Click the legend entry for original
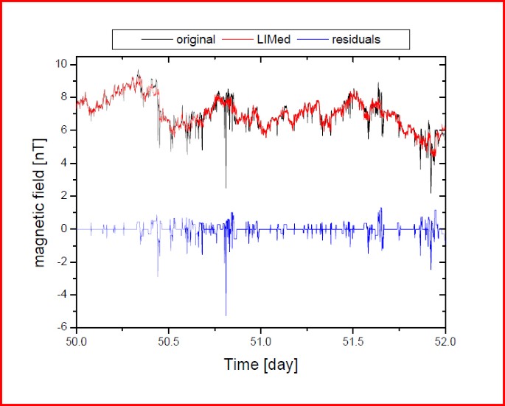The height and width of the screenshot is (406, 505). point(195,39)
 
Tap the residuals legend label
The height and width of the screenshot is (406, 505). point(356,39)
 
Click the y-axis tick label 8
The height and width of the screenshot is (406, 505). point(65,97)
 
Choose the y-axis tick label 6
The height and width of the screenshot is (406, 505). point(65,130)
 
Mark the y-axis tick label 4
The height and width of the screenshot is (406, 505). point(65,163)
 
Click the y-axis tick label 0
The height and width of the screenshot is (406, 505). point(65,228)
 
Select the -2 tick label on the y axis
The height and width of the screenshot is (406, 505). point(63,262)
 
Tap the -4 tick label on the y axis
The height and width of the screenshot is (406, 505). point(63,294)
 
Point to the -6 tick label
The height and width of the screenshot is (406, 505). point(63,327)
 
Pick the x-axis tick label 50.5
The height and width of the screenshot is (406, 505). point(169,342)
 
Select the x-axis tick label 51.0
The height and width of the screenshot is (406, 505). point(261,342)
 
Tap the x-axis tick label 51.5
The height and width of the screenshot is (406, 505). point(353,342)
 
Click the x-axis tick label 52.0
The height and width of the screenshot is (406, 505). point(445,342)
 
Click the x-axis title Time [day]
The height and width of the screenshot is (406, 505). point(261,365)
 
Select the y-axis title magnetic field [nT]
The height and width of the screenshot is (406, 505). point(39,195)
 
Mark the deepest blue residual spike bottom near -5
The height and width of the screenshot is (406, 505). point(226,315)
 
